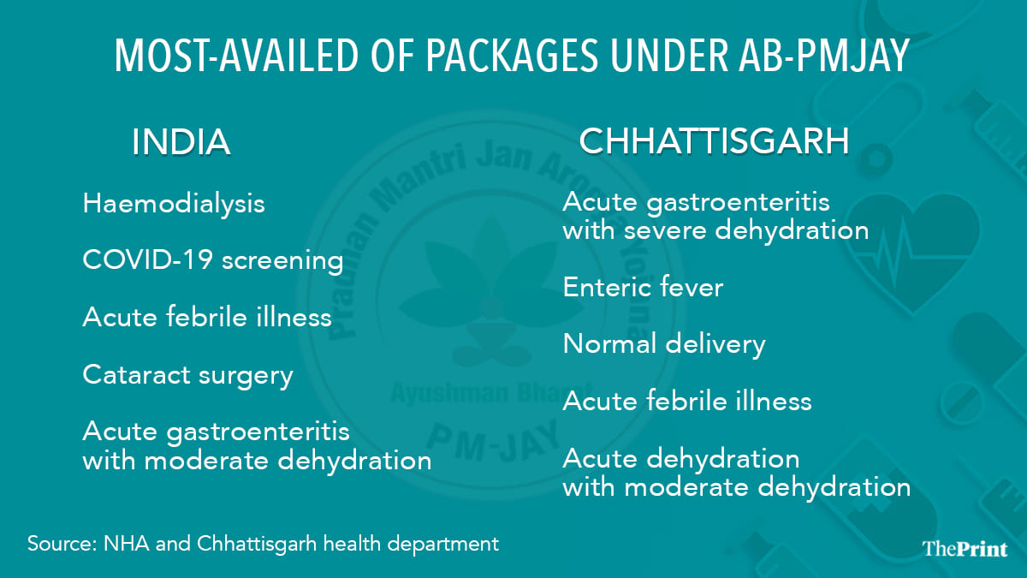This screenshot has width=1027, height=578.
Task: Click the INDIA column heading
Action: click(x=181, y=142)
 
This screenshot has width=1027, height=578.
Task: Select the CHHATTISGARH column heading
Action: click(x=715, y=140)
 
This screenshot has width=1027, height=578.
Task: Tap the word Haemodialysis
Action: click(x=174, y=203)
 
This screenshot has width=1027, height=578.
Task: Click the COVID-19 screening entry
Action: click(x=213, y=260)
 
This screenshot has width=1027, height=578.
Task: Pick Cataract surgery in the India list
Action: click(x=188, y=376)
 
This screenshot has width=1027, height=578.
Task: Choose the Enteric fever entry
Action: click(x=643, y=288)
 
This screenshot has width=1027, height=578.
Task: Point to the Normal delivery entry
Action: click(x=664, y=344)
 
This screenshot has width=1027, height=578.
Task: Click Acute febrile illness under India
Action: click(x=207, y=317)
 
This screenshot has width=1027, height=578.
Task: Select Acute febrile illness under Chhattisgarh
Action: click(x=687, y=401)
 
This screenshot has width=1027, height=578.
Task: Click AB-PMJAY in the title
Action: click(x=823, y=55)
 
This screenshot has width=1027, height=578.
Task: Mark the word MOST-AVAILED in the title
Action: click(x=236, y=55)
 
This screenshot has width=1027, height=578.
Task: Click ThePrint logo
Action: click(x=965, y=549)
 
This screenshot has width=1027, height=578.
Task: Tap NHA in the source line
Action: click(x=127, y=544)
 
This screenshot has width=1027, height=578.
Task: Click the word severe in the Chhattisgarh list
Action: click(x=666, y=230)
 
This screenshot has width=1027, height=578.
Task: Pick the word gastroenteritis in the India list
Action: click(x=258, y=433)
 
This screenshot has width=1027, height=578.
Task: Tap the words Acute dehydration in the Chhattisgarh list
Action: click(x=681, y=459)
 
